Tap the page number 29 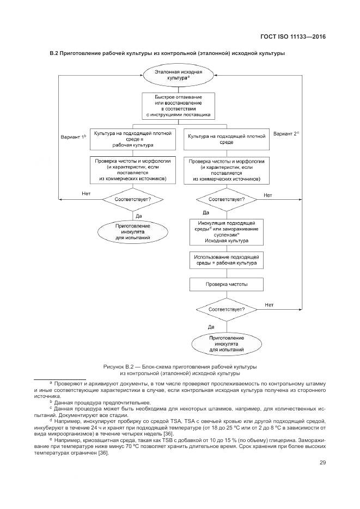[322, 463]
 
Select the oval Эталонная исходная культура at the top [179, 75]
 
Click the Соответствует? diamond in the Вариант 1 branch [133, 199]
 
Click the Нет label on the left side [86, 194]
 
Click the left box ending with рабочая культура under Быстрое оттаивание [133, 139]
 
